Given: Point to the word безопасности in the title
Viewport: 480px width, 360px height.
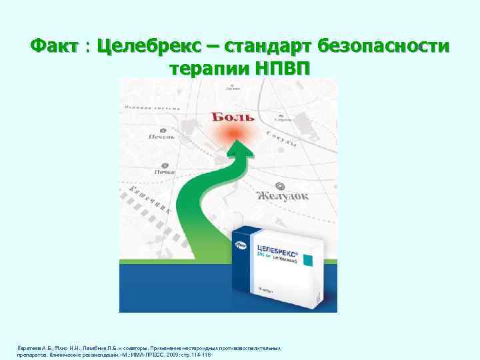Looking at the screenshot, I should (x=384, y=47).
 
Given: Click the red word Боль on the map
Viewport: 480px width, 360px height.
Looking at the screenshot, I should (x=233, y=117).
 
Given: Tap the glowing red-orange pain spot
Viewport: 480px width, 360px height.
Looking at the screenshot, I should (x=233, y=135).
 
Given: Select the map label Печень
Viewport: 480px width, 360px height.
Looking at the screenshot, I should (x=161, y=137).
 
